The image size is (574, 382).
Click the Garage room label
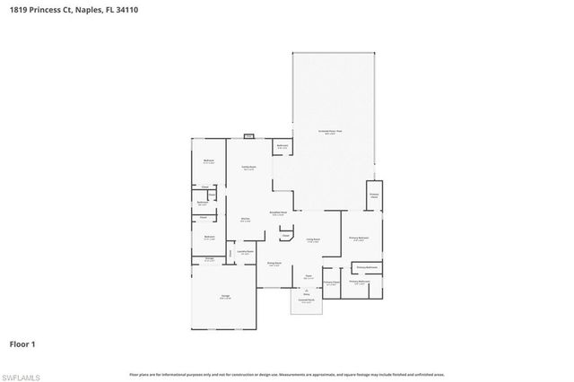click(x=225, y=298)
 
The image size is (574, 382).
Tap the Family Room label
click(x=248, y=168)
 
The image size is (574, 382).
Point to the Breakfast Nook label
click(x=278, y=213)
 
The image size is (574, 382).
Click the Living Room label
click(x=313, y=240)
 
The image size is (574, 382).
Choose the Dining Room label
click(x=274, y=264)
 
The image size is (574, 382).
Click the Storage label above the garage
click(x=208, y=260)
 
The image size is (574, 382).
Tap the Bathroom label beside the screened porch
click(x=282, y=146)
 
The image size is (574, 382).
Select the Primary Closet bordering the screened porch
click(x=374, y=195)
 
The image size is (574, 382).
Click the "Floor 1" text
click(x=23, y=343)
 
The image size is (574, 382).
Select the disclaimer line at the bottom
click(x=286, y=374)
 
